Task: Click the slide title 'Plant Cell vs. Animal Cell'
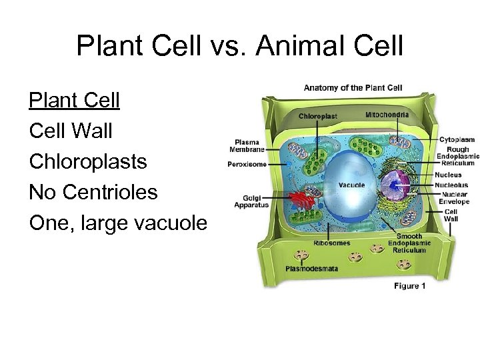pyautogui.click(x=240, y=46)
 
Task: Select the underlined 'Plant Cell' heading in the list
pyautogui.click(x=75, y=101)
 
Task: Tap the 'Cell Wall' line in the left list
pyautogui.click(x=71, y=131)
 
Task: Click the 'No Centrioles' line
pyautogui.click(x=93, y=193)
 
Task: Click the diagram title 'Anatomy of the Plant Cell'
pyautogui.click(x=353, y=88)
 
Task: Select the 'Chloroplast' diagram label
pyautogui.click(x=318, y=116)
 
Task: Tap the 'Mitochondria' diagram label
pyautogui.click(x=387, y=115)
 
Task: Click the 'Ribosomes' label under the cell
pyautogui.click(x=332, y=243)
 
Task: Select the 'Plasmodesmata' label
pyautogui.click(x=311, y=269)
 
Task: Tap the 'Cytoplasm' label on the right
pyautogui.click(x=457, y=139)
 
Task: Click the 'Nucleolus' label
pyautogui.click(x=453, y=185)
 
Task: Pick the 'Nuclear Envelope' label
pyautogui.click(x=454, y=198)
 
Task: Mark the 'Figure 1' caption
pyautogui.click(x=410, y=286)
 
